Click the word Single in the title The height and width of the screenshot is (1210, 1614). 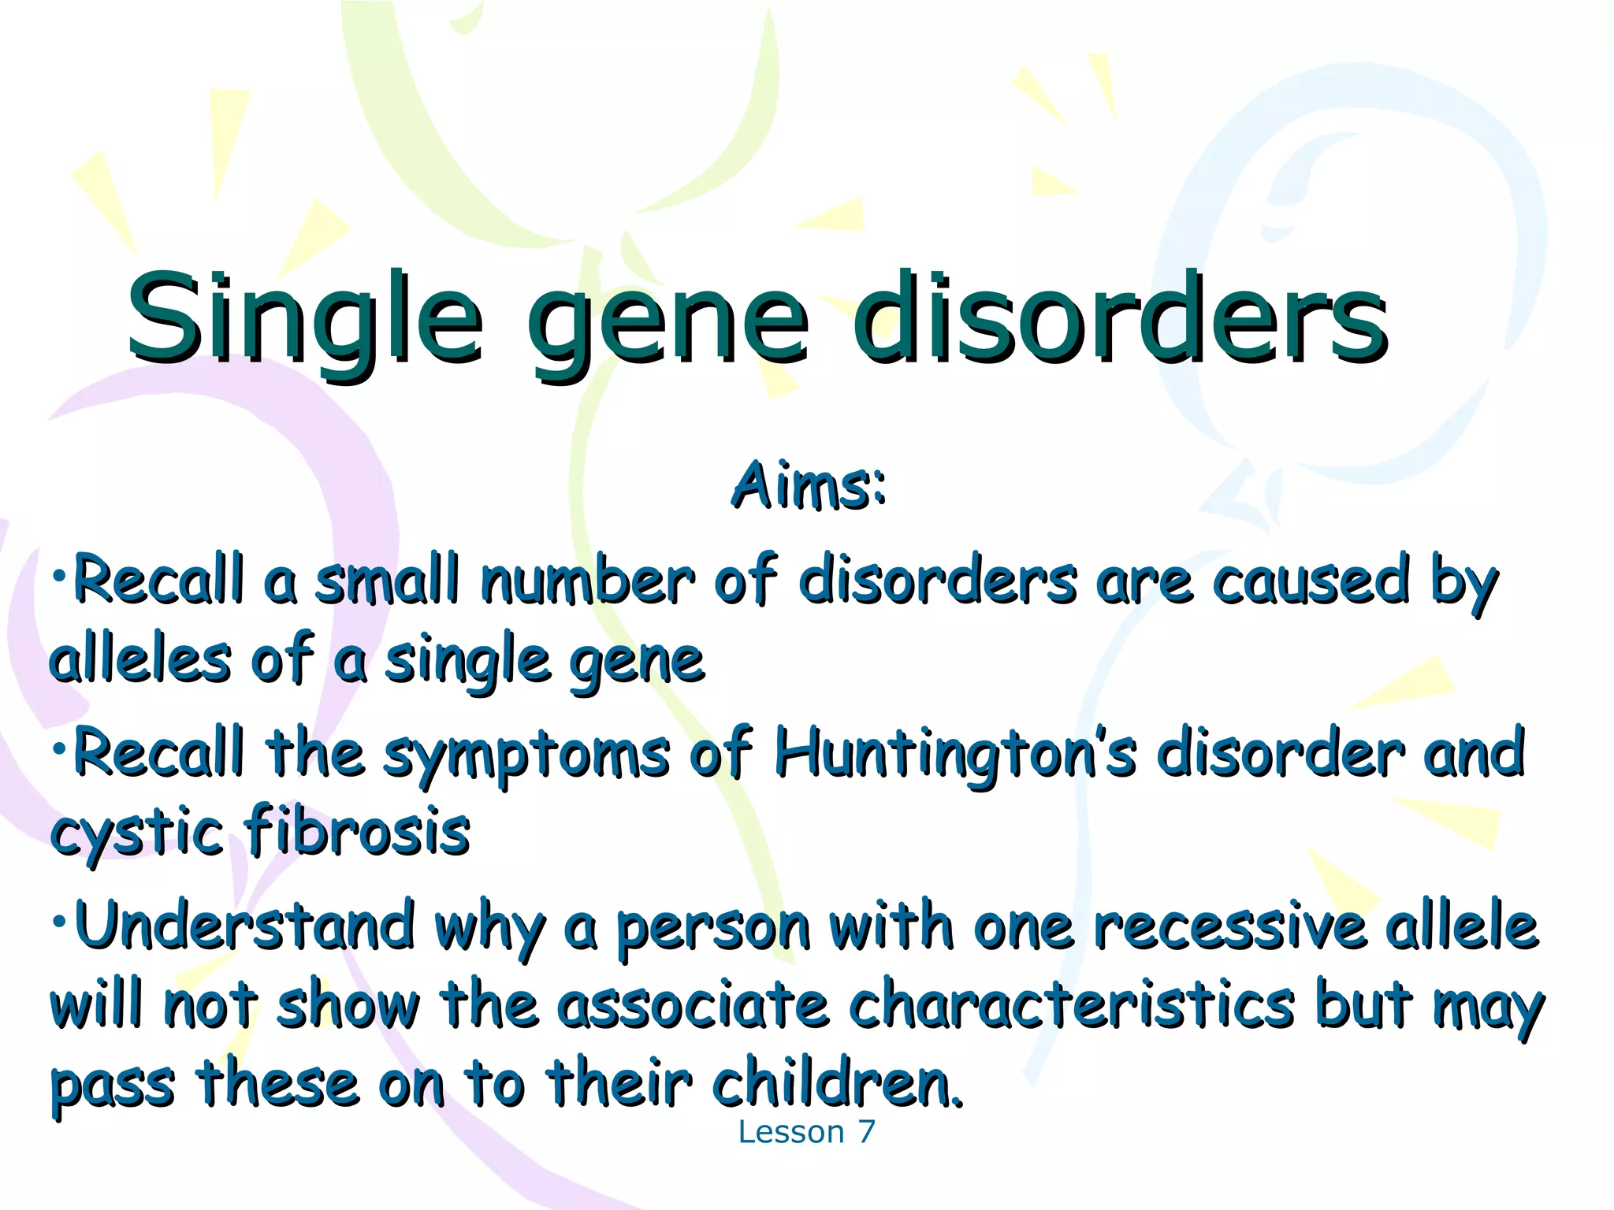[303, 319]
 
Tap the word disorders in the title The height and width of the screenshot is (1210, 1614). [1119, 319]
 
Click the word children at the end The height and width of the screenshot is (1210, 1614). [835, 1084]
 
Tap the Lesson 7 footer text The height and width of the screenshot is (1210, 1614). [806, 1132]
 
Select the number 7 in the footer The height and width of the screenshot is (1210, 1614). [866, 1132]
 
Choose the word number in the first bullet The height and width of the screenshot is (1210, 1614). [588, 581]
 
